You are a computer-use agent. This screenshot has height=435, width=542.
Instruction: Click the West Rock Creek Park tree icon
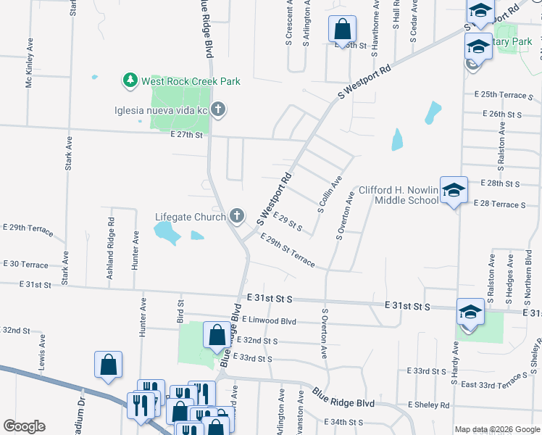130,80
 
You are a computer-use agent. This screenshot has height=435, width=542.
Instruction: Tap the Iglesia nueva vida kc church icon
218,111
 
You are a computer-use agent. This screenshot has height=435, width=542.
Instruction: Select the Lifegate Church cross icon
236,215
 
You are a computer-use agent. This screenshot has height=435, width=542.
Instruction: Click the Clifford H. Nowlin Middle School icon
454,190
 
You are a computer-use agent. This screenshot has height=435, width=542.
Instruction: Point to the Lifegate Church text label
190,216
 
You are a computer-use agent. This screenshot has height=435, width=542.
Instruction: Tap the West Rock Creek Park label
190,81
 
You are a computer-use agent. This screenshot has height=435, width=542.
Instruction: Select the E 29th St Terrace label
287,251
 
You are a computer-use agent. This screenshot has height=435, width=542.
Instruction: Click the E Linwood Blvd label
270,320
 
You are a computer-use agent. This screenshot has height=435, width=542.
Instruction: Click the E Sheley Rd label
428,405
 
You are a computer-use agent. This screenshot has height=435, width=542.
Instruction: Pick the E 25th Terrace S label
504,95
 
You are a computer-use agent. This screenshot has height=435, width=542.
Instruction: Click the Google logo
24,426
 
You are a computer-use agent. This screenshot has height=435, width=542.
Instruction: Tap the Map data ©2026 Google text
496,429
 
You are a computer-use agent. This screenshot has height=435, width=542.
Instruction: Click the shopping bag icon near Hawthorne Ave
342,29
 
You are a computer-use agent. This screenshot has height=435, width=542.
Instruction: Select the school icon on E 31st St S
470,312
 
